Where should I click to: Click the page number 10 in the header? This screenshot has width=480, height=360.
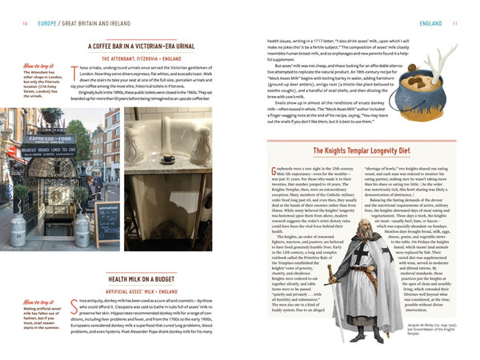(x=26, y=23)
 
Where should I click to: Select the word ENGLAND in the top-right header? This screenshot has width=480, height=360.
(x=430, y=23)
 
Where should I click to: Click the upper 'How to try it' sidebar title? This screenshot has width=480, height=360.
(x=39, y=66)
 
